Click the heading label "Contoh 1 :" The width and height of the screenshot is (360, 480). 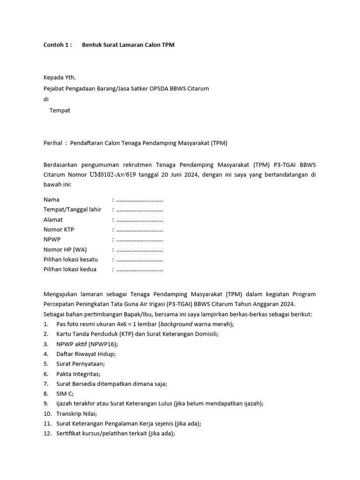pos(58,45)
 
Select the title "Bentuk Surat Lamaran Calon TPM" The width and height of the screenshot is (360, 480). pos(128,45)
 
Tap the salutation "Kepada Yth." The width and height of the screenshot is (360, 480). pos(59,77)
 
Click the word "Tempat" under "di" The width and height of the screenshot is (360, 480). pos(60,111)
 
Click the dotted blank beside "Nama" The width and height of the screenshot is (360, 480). pos(139,200)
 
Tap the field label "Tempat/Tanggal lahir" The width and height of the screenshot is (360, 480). pos(72,210)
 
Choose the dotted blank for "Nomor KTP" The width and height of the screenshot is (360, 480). pos(139,230)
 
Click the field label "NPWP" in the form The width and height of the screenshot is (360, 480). pos(52,240)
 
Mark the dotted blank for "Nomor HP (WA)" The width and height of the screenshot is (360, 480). pos(139,249)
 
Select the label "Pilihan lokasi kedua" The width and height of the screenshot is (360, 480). pos(70,270)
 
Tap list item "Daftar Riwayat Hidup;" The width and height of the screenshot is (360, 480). pos(86,354)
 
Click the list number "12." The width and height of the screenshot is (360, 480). pos(47,434)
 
